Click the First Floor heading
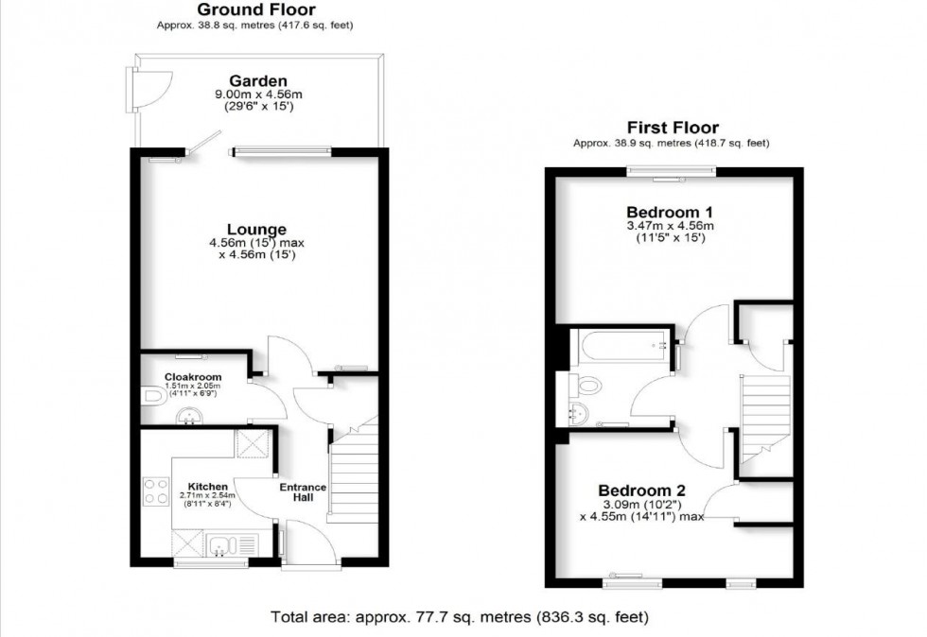coord(673,128)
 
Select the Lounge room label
coord(256,230)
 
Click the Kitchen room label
coord(207,487)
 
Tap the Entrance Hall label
coord(303,493)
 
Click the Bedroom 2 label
coord(641,491)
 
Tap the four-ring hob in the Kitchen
coord(155,492)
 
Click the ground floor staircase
coord(354,472)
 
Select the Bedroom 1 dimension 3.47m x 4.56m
coord(669,226)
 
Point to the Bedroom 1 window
coord(670,172)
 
